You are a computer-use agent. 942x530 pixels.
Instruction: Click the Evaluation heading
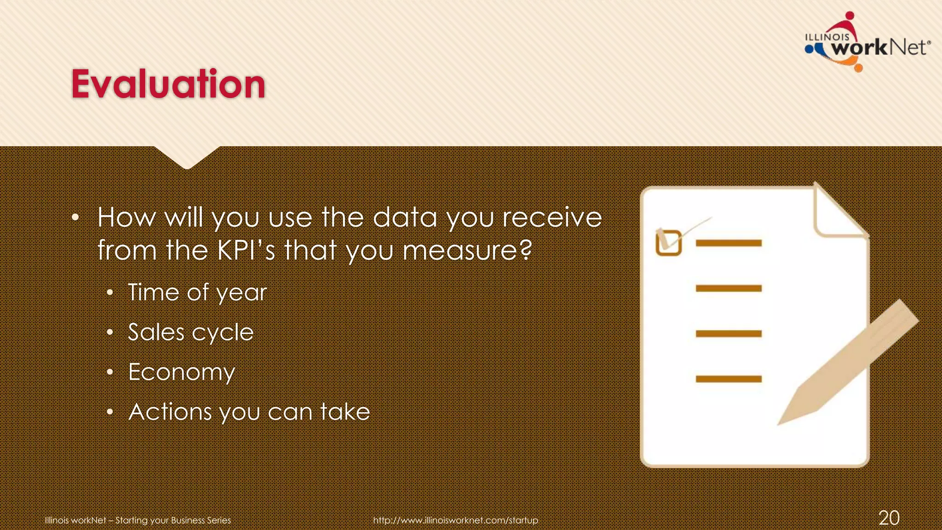pos(168,84)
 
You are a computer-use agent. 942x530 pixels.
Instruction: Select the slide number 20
pos(889,518)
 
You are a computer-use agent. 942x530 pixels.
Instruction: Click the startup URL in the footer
pos(455,520)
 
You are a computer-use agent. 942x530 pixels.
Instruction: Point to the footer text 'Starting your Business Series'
pos(173,520)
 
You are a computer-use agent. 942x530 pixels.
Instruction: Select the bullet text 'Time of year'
pos(197,293)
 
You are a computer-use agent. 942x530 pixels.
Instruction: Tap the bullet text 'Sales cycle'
pos(190,332)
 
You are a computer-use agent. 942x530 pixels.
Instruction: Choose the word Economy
pos(181,372)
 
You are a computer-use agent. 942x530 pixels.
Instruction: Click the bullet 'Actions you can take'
pos(249,412)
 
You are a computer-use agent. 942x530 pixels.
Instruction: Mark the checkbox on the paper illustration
pos(668,242)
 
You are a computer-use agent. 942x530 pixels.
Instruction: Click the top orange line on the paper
pos(729,243)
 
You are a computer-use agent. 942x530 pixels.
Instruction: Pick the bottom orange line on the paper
pos(729,379)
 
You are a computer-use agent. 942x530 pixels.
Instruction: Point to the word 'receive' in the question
pos(551,217)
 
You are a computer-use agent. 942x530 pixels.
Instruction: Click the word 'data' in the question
pos(404,217)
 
